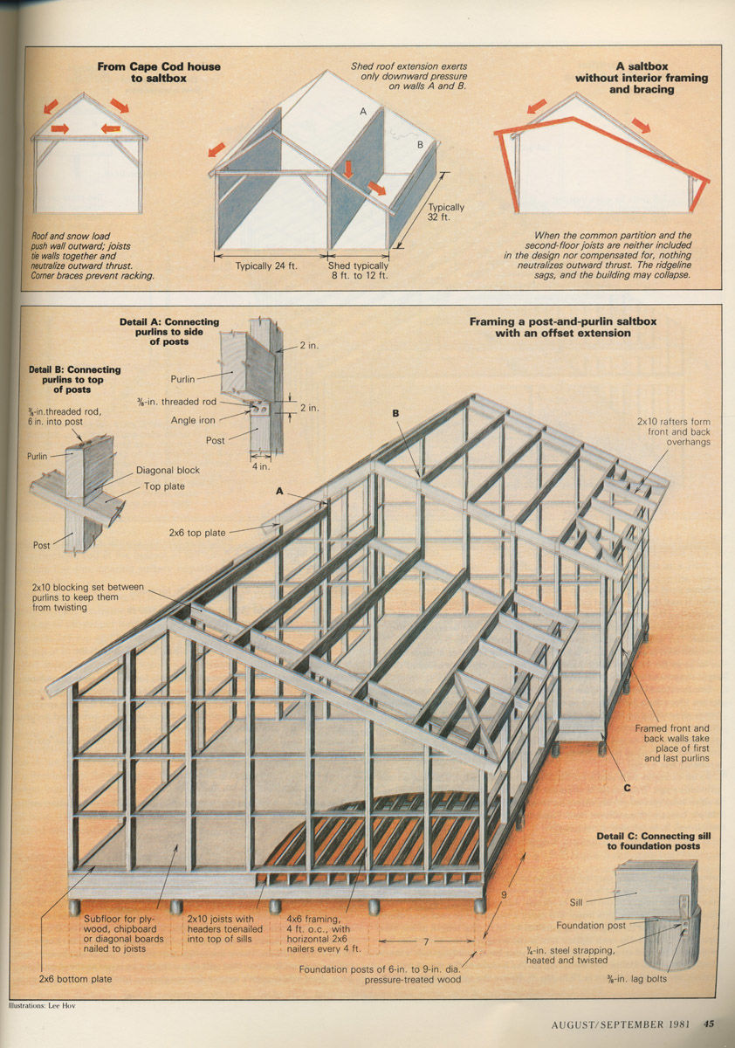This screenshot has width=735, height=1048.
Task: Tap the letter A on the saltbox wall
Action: [364, 112]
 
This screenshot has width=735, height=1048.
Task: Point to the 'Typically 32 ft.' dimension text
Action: [446, 212]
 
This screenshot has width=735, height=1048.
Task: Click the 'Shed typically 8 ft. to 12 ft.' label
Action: [358, 271]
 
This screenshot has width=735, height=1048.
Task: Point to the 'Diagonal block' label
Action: [168, 470]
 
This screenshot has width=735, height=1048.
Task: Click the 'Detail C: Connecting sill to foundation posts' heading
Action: [654, 841]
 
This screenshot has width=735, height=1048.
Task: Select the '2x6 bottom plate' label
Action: [75, 979]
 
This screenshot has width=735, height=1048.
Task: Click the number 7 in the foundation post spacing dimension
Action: [425, 941]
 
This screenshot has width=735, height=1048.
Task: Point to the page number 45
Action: [710, 1024]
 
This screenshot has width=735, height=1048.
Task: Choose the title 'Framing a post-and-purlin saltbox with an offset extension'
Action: [562, 327]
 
